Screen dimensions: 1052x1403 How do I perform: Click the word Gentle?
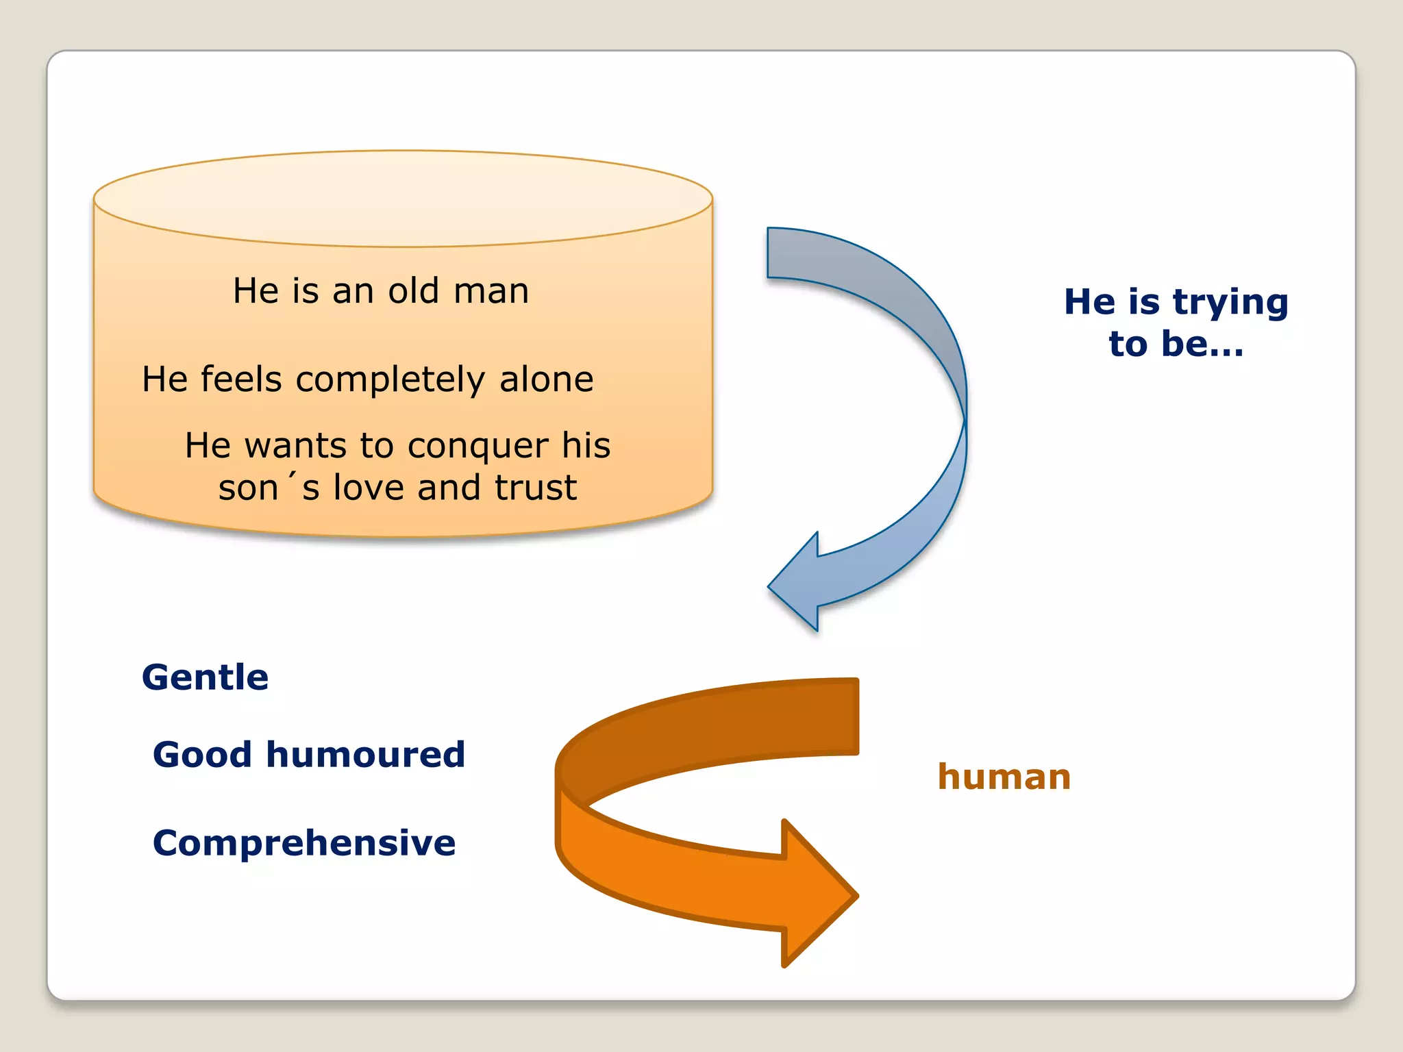pos(205,677)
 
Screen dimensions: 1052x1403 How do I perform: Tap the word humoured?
pos(365,755)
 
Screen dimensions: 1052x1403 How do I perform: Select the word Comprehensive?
pos(303,843)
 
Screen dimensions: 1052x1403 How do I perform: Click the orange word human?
pos(1004,777)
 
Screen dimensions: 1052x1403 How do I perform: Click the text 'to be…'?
pos(1176,344)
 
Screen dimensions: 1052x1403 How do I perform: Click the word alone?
pos(546,379)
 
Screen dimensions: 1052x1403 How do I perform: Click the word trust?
pos(536,488)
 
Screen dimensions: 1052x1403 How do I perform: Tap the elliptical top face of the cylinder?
pos(403,199)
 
